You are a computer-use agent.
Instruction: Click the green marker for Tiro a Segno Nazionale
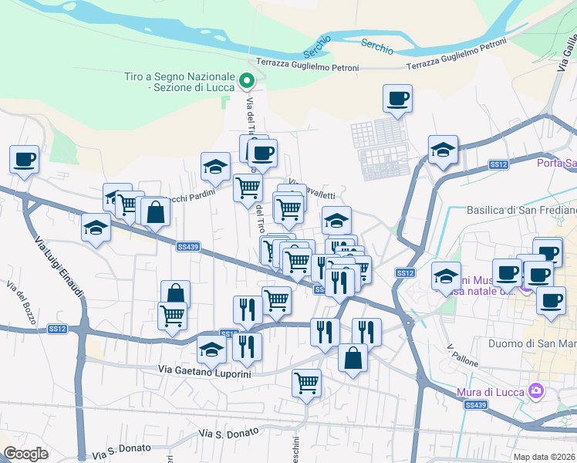click(x=246, y=79)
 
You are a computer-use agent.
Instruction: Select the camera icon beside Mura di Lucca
click(x=535, y=391)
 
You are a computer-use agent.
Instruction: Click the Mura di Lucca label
click(x=491, y=391)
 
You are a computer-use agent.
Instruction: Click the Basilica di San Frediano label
click(x=521, y=210)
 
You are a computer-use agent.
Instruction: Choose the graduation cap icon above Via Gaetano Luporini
click(x=211, y=349)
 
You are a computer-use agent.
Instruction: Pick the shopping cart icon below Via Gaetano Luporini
click(x=306, y=381)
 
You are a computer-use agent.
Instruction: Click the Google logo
click(x=25, y=454)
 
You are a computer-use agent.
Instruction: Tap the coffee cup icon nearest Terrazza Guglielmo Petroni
click(x=397, y=98)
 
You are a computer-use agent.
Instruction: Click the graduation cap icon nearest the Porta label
click(x=443, y=150)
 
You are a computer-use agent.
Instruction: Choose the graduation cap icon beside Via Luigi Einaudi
click(x=96, y=228)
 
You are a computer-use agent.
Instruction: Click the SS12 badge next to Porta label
click(x=498, y=164)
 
